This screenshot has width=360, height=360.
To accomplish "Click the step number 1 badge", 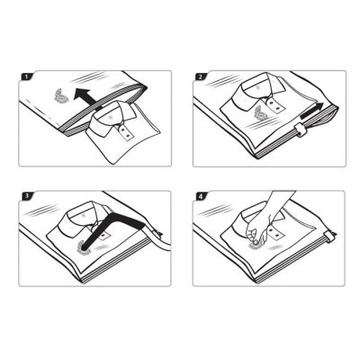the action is pyautogui.click(x=26, y=76).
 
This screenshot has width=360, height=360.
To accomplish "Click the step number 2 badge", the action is pyautogui.click(x=200, y=76).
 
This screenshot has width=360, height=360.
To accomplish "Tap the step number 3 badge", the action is pyautogui.click(x=27, y=196).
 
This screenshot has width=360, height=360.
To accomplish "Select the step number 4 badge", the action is pyautogui.click(x=201, y=196).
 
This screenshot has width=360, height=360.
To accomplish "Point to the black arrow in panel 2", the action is pyautogui.click(x=312, y=112).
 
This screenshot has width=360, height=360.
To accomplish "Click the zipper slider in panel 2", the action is pyautogui.click(x=300, y=130).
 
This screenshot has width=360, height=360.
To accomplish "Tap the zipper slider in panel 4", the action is pyautogui.click(x=330, y=236).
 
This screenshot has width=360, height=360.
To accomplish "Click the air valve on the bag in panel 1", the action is pyautogui.click(x=61, y=96).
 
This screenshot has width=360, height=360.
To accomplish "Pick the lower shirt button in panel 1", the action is pyautogui.click(x=129, y=137).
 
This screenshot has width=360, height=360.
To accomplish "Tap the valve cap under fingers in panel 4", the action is pyautogui.click(x=256, y=245).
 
